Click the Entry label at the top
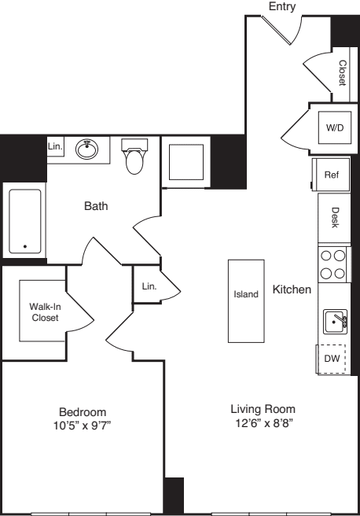click(x=281, y=6)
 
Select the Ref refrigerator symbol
click(x=330, y=175)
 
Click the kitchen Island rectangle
click(x=245, y=300)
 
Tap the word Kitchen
click(x=292, y=290)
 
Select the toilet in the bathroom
click(x=135, y=158)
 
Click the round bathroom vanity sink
click(x=86, y=148)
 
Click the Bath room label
click(x=96, y=207)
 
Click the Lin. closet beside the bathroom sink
click(x=55, y=147)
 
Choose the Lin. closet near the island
click(x=149, y=287)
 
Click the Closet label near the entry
click(x=342, y=75)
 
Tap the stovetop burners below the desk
click(x=332, y=264)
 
